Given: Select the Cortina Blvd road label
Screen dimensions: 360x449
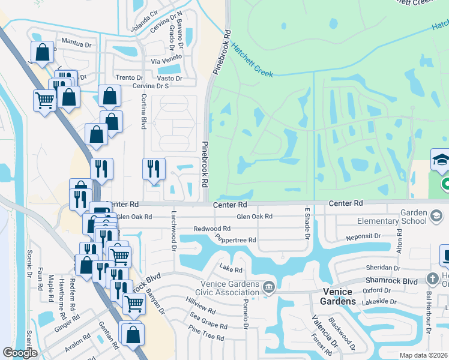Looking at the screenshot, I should click(x=143, y=112).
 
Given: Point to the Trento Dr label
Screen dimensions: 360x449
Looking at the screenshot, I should click(x=129, y=78).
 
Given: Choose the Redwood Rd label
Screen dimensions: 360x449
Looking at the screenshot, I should click(x=212, y=229).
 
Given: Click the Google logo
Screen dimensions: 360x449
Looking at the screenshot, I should click(x=20, y=353).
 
